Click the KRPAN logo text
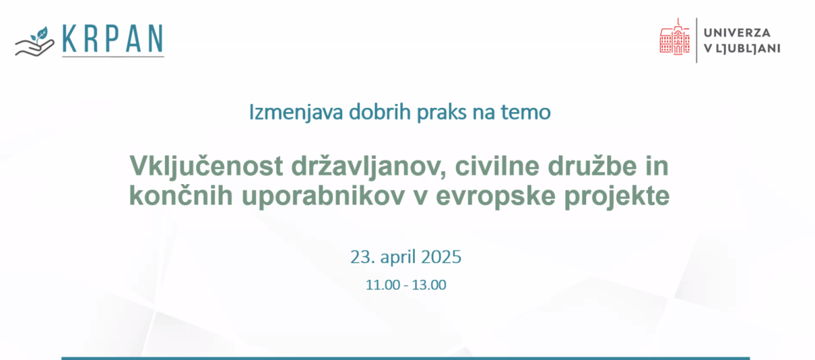pyautogui.click(x=113, y=39)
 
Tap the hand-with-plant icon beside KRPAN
pyautogui.click(x=35, y=41)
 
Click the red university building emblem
pyautogui.click(x=674, y=37)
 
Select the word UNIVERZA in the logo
pyautogui.click(x=737, y=33)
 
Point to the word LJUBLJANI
pyautogui.click(x=748, y=48)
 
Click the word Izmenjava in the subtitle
pyautogui.click(x=296, y=113)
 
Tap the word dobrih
pyautogui.click(x=380, y=111)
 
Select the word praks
pyautogui.click(x=441, y=113)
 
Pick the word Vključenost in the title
pyautogui.click(x=206, y=166)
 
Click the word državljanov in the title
pyautogui.click(x=369, y=166)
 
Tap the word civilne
pyautogui.click(x=497, y=166)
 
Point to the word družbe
pyautogui.click(x=592, y=166)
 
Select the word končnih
pyautogui.click(x=181, y=196)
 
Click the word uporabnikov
pyautogui.click(x=323, y=197)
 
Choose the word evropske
pyautogui.click(x=496, y=197)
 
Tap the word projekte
pyautogui.click(x=617, y=197)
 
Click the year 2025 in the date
pyautogui.click(x=441, y=257)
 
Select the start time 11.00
pyautogui.click(x=383, y=285)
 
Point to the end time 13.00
pyautogui.click(x=429, y=285)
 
